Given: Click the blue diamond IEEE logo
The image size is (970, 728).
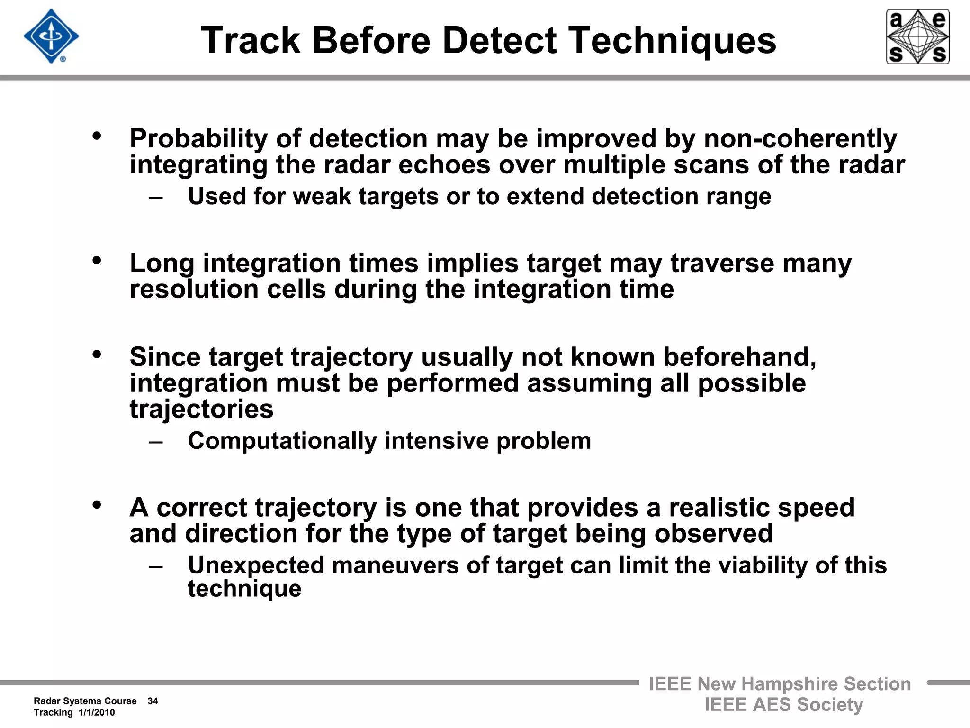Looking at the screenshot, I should pyautogui.click(x=51, y=36).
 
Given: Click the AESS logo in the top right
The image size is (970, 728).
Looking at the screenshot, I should pyautogui.click(x=917, y=36).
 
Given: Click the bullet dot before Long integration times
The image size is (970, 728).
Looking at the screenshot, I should pyautogui.click(x=97, y=260).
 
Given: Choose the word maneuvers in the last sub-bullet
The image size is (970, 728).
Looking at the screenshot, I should pyautogui.click(x=395, y=565).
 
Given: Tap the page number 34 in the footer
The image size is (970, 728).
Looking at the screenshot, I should pyautogui.click(x=153, y=701).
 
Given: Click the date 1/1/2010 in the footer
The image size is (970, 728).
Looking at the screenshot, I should pyautogui.click(x=97, y=712).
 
